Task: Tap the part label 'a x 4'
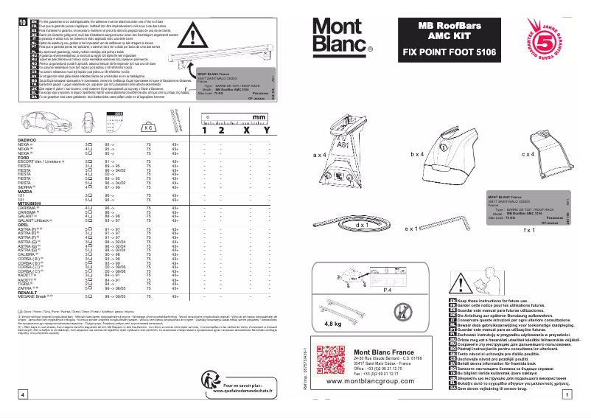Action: point(320,156)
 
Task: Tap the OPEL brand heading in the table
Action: point(23,225)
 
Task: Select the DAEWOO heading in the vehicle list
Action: point(27,139)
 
